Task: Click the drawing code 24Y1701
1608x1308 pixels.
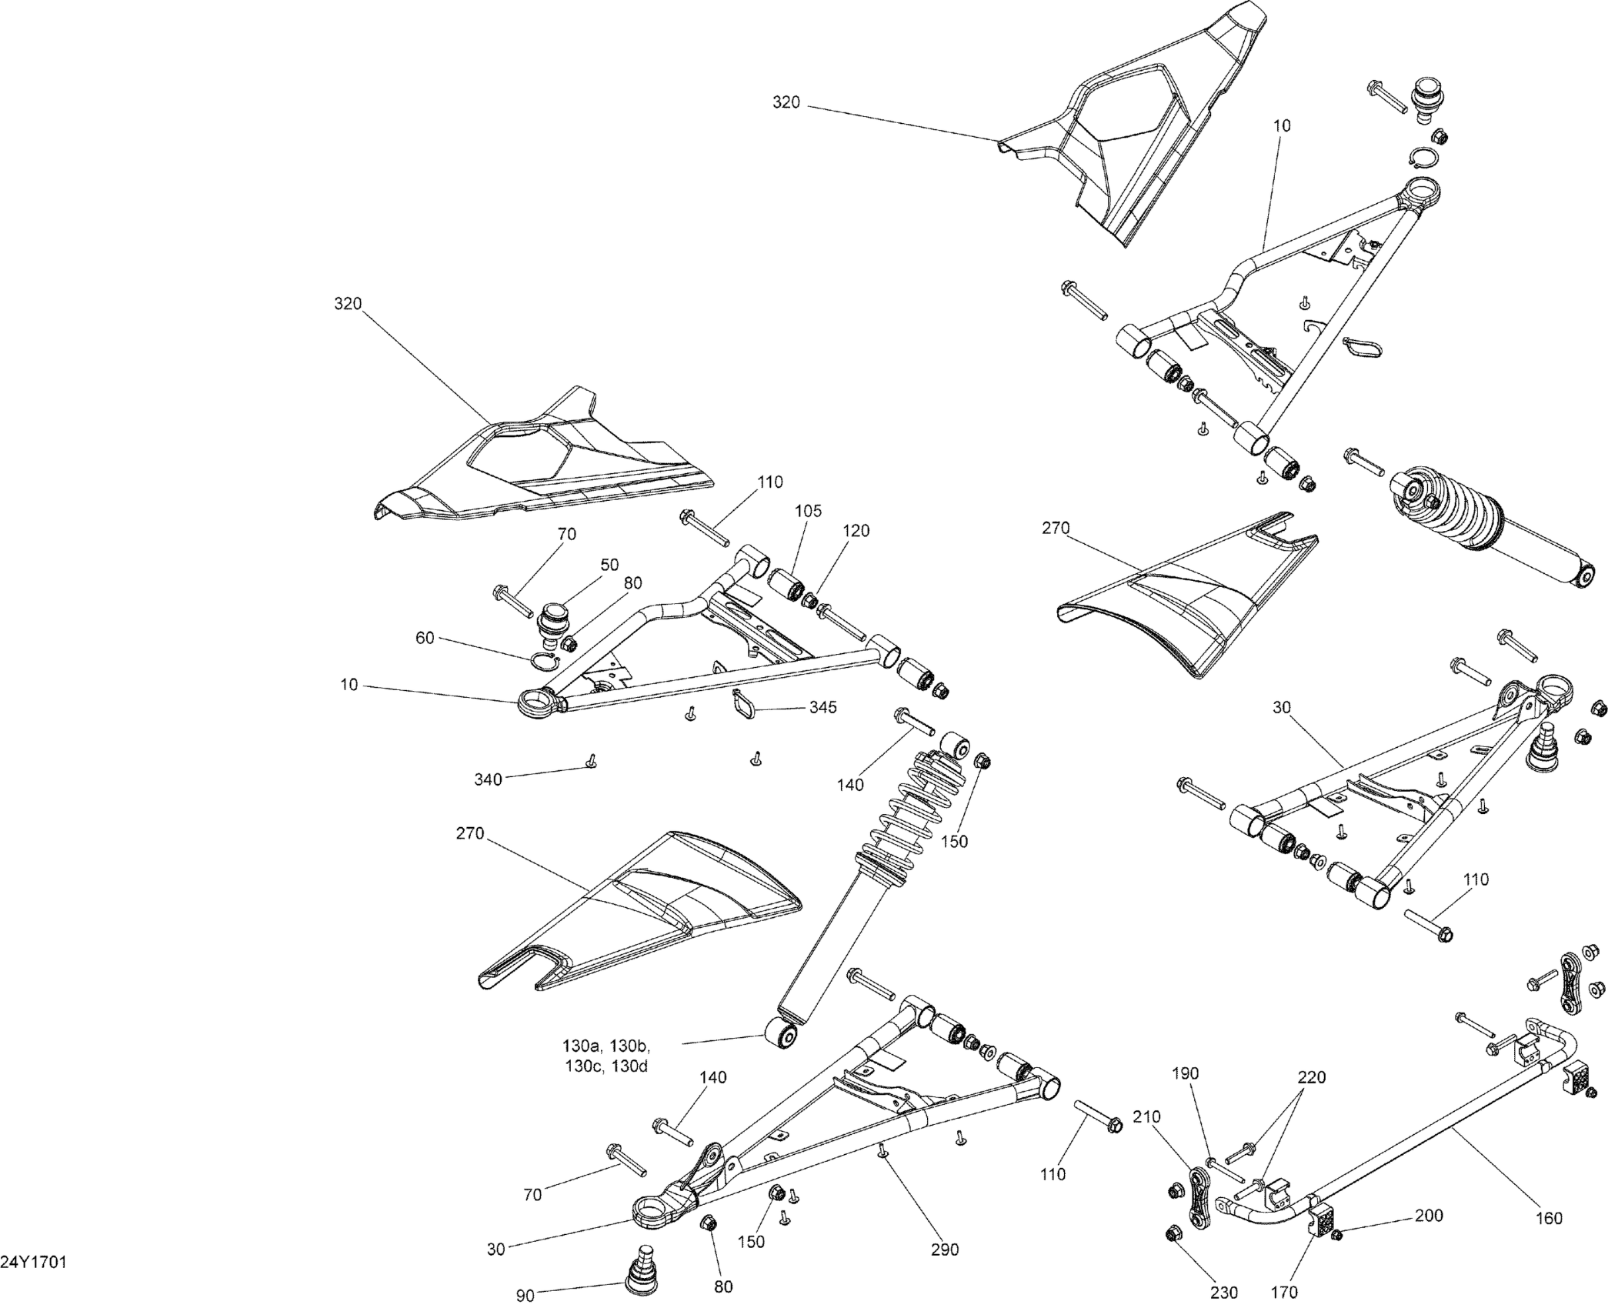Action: pyautogui.click(x=34, y=1263)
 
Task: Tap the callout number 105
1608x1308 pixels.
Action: pyautogui.click(x=808, y=511)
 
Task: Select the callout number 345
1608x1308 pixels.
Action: pyautogui.click(x=822, y=707)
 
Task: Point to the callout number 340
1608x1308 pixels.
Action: pyautogui.click(x=488, y=779)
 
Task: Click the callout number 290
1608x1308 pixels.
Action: pyautogui.click(x=945, y=1250)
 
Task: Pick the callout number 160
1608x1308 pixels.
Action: pyautogui.click(x=1549, y=1218)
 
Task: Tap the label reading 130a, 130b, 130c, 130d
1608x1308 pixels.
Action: pyautogui.click(x=606, y=1056)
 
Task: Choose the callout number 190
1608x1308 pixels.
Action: pyautogui.click(x=1185, y=1073)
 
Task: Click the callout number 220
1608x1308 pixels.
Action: pyautogui.click(x=1312, y=1078)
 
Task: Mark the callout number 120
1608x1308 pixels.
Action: pyautogui.click(x=856, y=530)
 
